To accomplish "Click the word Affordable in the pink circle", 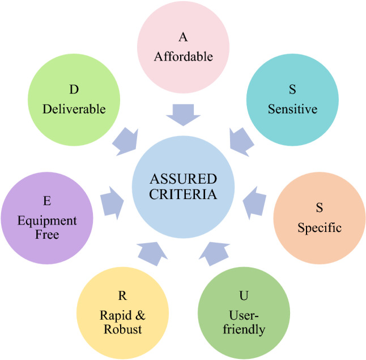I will pos(183,57).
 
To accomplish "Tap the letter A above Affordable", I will pos(183,38).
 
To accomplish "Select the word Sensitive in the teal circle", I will pos(292,109).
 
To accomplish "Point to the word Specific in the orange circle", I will pos(320,228).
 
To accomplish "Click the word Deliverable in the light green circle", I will pos(74,109).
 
